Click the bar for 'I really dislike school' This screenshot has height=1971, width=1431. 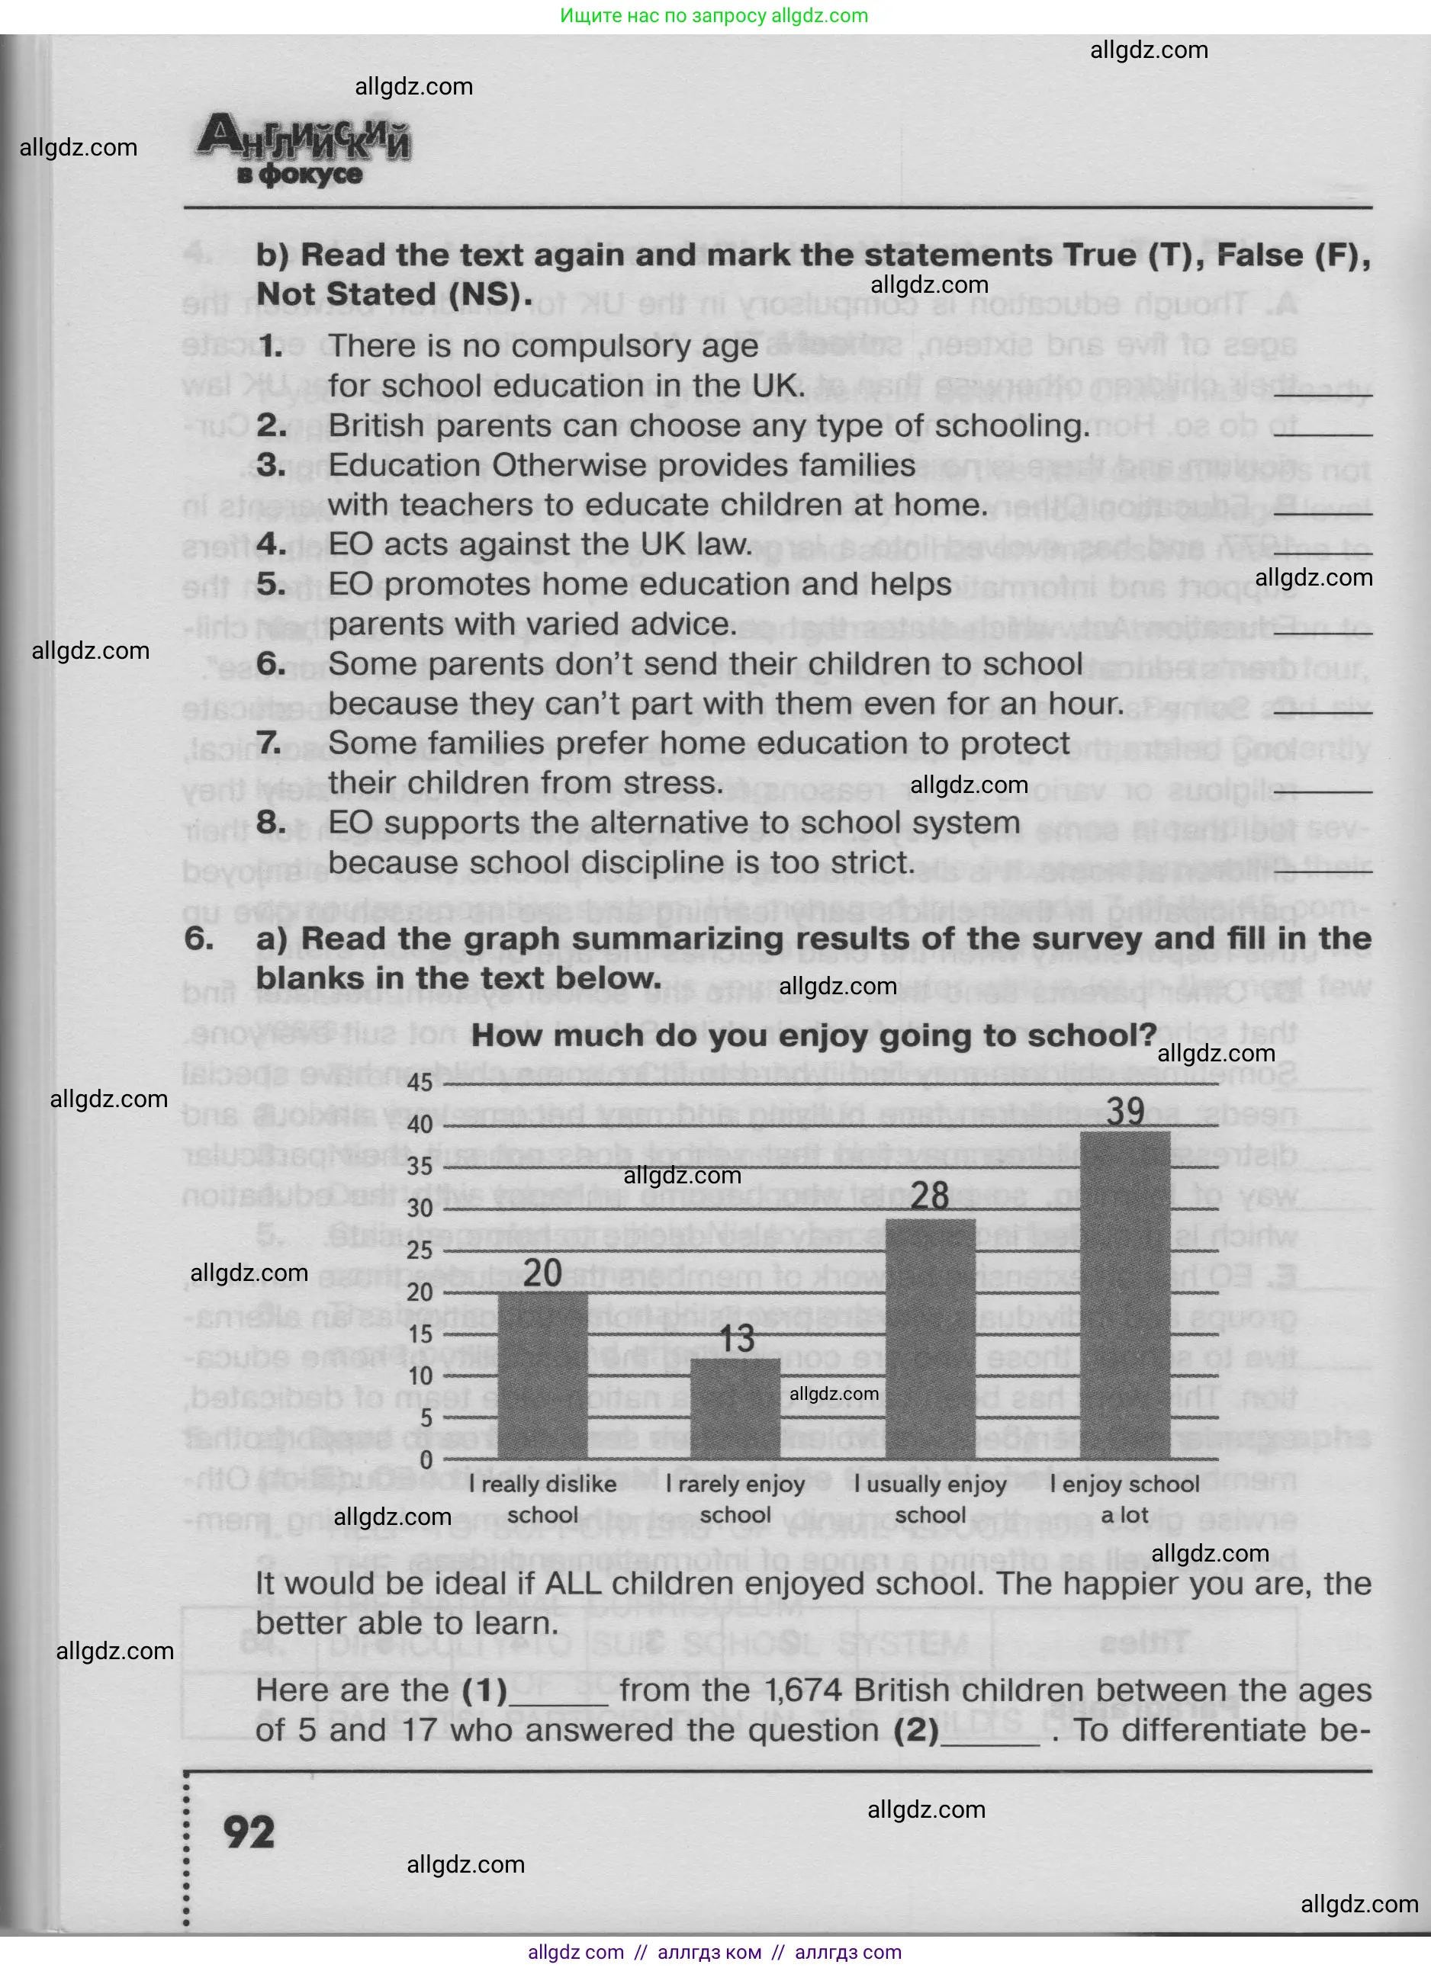[x=542, y=1375]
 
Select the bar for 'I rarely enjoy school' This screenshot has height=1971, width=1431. [x=735, y=1408]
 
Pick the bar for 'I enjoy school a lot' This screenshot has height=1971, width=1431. [x=1124, y=1295]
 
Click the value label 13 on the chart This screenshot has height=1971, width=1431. [x=736, y=1338]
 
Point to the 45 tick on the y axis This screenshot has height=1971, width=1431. [x=420, y=1083]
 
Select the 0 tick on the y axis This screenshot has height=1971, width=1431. [x=426, y=1459]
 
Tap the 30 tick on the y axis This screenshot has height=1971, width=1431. [x=420, y=1208]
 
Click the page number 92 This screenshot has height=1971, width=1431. [x=249, y=1832]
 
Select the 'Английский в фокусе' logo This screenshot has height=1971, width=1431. [x=304, y=152]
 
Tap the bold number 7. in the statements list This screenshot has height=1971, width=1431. [x=269, y=744]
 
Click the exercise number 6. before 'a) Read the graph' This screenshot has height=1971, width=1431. [x=199, y=939]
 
